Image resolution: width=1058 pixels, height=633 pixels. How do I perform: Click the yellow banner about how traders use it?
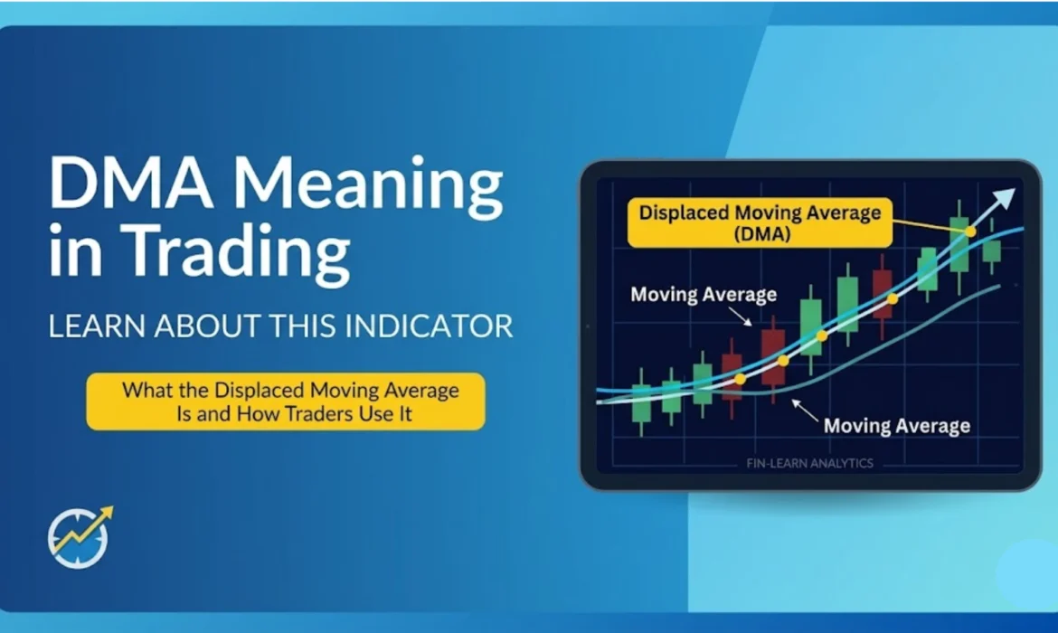click(286, 402)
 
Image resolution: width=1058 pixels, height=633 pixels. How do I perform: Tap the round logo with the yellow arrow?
click(80, 536)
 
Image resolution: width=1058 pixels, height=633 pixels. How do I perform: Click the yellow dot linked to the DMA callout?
click(970, 231)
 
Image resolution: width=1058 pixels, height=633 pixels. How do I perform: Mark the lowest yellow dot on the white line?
click(740, 380)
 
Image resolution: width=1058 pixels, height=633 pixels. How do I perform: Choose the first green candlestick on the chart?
click(641, 402)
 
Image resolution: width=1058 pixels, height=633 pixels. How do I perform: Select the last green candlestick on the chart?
click(992, 250)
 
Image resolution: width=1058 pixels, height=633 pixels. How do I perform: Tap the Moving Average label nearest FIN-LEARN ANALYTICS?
click(897, 425)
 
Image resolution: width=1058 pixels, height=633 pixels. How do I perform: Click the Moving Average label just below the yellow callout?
click(704, 294)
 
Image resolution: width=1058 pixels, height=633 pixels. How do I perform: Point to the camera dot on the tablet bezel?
click(588, 326)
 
